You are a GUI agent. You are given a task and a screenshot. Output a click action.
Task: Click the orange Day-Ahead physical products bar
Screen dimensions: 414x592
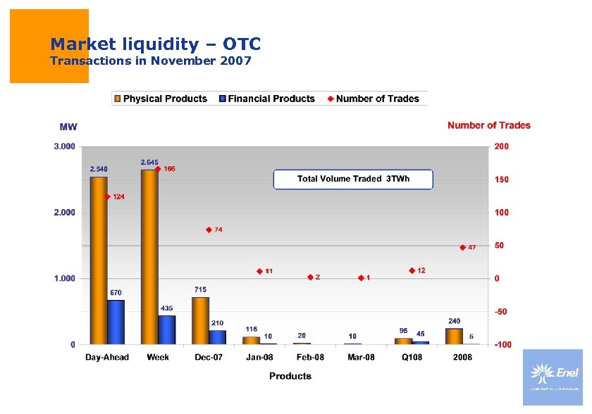click(x=99, y=261)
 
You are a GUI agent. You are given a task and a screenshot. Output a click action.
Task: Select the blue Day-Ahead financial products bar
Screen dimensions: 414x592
click(x=116, y=322)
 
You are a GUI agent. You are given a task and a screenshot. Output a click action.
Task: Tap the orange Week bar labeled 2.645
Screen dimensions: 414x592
click(x=149, y=257)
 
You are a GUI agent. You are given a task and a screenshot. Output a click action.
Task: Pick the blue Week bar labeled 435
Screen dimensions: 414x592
click(x=167, y=330)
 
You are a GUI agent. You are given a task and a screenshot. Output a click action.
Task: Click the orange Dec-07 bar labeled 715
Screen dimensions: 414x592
click(x=201, y=320)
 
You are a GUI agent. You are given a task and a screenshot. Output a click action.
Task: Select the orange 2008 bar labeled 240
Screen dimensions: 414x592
click(x=454, y=337)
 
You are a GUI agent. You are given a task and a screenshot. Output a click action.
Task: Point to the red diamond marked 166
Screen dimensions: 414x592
click(x=159, y=169)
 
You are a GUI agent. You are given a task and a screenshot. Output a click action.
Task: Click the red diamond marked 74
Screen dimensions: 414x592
click(x=209, y=230)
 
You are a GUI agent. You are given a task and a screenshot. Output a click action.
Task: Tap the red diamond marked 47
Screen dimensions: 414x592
click(x=463, y=247)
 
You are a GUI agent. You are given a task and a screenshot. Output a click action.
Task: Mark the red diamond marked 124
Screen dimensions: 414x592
click(x=108, y=196)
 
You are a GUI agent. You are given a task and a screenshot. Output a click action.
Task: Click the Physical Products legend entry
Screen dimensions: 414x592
click(x=161, y=99)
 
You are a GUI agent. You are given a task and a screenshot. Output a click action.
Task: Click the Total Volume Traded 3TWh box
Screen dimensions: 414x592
click(x=353, y=179)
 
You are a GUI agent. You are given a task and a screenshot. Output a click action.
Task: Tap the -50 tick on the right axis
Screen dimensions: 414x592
click(x=501, y=311)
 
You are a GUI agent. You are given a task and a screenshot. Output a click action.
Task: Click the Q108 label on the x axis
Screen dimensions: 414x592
click(x=412, y=358)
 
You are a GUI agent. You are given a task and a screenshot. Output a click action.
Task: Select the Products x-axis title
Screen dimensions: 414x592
click(x=290, y=376)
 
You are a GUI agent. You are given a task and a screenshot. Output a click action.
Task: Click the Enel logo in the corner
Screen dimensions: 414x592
click(x=553, y=376)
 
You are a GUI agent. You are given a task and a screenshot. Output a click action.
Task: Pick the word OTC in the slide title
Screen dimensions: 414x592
click(x=242, y=44)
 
